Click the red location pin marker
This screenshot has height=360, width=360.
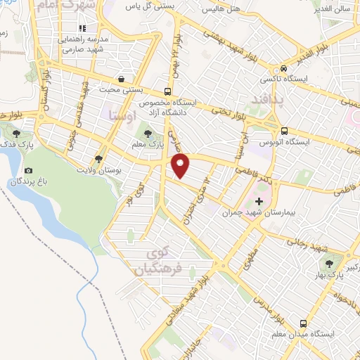pyautogui.click(x=181, y=165)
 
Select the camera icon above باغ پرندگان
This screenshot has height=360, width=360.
pyautogui.click(x=28, y=171)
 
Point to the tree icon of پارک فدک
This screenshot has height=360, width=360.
pyautogui.click(x=16, y=131)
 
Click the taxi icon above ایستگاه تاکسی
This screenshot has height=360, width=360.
pyautogui.click(x=283, y=70)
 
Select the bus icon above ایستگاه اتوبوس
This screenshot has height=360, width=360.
pyautogui.click(x=284, y=131)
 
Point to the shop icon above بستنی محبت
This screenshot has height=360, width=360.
pyautogui.click(x=123, y=79)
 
